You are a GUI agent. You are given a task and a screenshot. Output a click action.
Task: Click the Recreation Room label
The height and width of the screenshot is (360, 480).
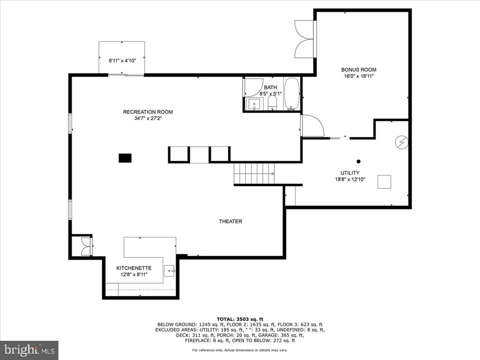click(x=148, y=112)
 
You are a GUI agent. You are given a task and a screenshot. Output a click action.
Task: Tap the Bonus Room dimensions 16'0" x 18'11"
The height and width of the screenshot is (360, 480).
click(x=359, y=76)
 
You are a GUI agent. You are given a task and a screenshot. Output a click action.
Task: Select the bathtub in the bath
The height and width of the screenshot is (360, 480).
click(x=292, y=94)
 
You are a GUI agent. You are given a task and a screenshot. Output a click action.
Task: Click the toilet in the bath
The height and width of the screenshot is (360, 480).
click(x=272, y=103)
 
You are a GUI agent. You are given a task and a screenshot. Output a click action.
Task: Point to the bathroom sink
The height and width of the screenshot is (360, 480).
click(x=255, y=104)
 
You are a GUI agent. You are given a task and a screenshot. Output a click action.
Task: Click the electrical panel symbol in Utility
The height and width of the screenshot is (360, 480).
click(x=401, y=142)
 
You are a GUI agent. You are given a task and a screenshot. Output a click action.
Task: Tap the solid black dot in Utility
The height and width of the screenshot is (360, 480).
click(x=359, y=161)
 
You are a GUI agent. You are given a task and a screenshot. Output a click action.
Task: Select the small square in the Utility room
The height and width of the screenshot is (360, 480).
click(x=384, y=182)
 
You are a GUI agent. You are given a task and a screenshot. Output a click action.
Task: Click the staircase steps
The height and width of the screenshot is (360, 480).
click(x=254, y=173)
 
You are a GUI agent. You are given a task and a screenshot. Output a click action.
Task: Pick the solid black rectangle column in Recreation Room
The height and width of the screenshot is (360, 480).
click(x=125, y=158)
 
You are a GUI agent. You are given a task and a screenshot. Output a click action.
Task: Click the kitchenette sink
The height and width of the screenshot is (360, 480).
click(x=169, y=270)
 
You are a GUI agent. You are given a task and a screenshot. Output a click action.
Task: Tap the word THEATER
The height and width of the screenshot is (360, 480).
click(x=231, y=221)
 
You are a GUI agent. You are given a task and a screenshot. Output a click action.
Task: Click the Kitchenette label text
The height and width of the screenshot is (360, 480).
click(x=134, y=268)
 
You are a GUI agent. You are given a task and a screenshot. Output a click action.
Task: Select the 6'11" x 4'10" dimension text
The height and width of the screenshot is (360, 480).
click(x=122, y=60)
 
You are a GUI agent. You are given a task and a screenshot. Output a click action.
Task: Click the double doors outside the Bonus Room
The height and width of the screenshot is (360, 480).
click(x=304, y=39)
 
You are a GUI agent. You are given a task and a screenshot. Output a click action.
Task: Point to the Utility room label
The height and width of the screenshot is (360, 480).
click(x=350, y=173)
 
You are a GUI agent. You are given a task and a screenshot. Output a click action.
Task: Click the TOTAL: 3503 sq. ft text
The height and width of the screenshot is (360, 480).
click(x=240, y=319)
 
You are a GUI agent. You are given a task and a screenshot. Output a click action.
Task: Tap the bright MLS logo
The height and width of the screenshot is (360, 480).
click(x=29, y=350)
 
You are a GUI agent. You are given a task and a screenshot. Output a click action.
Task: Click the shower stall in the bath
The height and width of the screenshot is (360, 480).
click(x=253, y=88)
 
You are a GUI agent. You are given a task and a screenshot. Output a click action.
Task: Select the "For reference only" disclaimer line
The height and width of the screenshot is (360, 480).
click(x=240, y=350)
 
